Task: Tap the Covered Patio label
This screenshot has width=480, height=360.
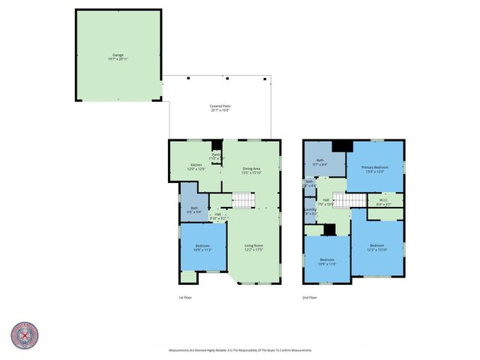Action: pos(220,108)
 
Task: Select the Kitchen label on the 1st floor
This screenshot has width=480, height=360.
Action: pos(196,166)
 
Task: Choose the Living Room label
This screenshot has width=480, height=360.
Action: pos(253,247)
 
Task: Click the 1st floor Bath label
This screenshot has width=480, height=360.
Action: pos(194,210)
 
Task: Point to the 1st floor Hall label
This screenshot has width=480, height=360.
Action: pos(217,216)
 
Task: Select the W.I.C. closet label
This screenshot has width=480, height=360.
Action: pos(382,201)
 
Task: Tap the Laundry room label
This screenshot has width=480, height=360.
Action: pos(310,211)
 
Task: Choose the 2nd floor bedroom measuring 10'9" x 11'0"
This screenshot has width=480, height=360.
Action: pos(327,262)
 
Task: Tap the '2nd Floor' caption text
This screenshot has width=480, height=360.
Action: pos(310,298)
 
